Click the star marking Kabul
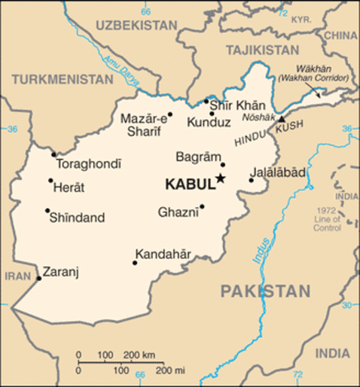220,180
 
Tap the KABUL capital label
189,185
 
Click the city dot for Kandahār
134,262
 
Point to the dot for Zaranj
39,278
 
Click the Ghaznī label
178,213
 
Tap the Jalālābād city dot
251,180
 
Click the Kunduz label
208,123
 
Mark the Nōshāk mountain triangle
281,119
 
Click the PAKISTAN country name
266,291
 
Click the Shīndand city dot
48,210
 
